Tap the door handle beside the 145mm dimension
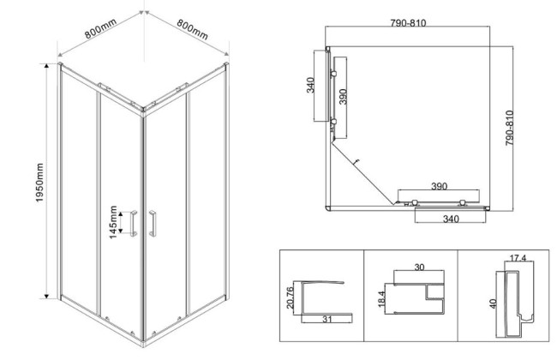coord(134,222)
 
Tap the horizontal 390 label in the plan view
coord(439,187)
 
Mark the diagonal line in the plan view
coord(363,172)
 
